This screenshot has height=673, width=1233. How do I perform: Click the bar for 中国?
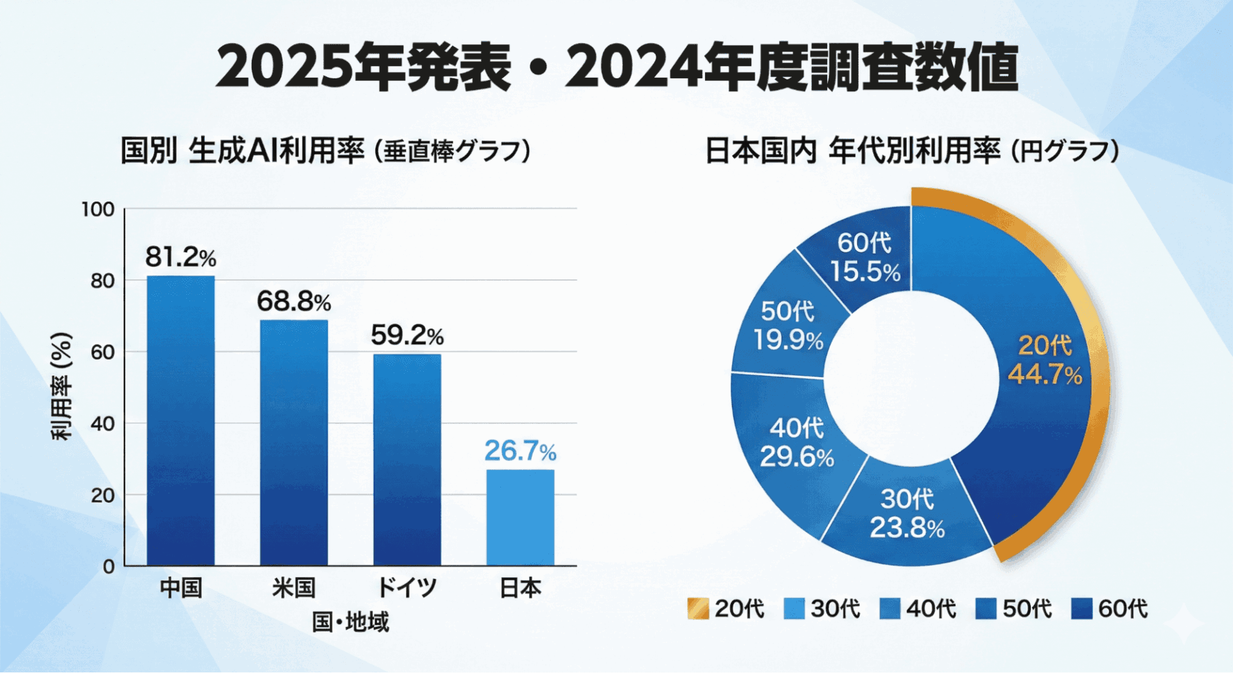click(x=180, y=421)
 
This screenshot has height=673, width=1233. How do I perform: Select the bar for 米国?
click(x=293, y=442)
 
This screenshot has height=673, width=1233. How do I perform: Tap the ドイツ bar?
click(x=407, y=459)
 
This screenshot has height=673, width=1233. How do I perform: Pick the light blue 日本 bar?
click(x=520, y=517)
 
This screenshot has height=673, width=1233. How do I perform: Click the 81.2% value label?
click(x=180, y=258)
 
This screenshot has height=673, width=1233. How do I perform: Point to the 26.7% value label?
click(x=520, y=451)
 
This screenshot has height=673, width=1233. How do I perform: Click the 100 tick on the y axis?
click(x=98, y=209)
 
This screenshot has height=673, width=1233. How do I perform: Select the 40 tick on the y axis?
click(x=102, y=424)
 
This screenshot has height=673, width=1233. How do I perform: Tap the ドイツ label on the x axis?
click(x=407, y=588)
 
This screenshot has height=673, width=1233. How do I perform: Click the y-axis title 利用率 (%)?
click(x=62, y=385)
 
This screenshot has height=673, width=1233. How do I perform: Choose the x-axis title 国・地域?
click(x=351, y=622)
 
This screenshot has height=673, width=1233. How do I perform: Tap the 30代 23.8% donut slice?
click(x=907, y=514)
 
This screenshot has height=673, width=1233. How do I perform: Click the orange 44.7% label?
click(x=1045, y=374)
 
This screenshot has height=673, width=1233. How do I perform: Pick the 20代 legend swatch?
click(x=698, y=608)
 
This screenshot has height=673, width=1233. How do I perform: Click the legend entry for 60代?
click(x=1110, y=608)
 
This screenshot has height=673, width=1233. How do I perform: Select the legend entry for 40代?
click(x=918, y=608)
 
